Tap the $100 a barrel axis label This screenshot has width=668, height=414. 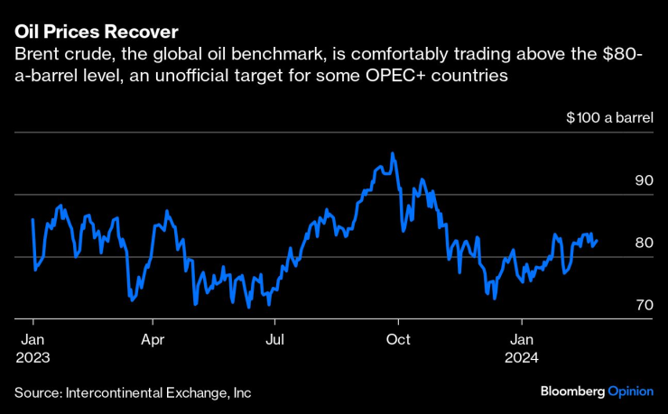tap(604, 118)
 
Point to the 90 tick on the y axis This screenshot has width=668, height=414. tap(644, 180)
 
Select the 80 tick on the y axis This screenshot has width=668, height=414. tap(644, 243)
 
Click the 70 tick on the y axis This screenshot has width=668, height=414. tap(644, 305)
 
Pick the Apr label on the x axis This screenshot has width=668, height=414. tap(153, 340)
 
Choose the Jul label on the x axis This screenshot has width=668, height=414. tap(275, 340)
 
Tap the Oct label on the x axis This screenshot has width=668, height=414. tap(398, 340)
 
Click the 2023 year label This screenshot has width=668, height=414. tap(32, 357)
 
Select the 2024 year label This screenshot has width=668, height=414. tap(522, 357)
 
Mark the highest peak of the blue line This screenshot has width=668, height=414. tap(392, 153)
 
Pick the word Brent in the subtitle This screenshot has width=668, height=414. tap(35, 56)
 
